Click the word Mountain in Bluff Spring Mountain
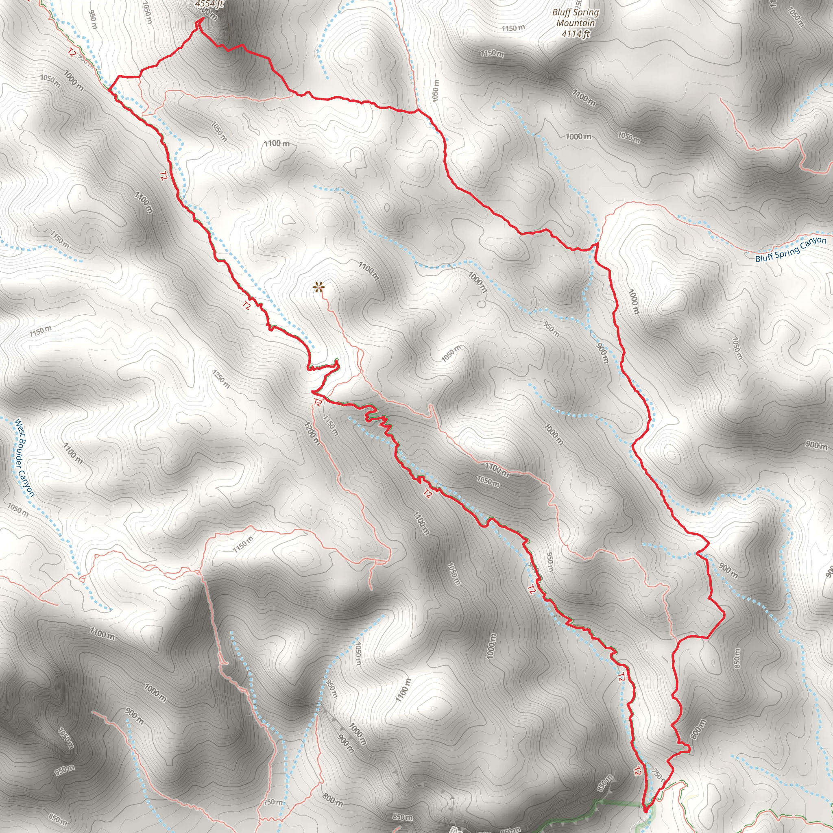(576, 23)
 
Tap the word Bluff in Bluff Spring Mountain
(561, 13)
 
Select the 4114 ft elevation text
(576, 34)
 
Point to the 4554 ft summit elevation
(209, 4)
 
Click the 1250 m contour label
(221, 379)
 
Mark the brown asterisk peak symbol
(318, 287)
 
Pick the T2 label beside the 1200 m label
(318, 403)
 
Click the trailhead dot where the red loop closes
(645, 810)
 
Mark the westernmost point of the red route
(108, 91)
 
